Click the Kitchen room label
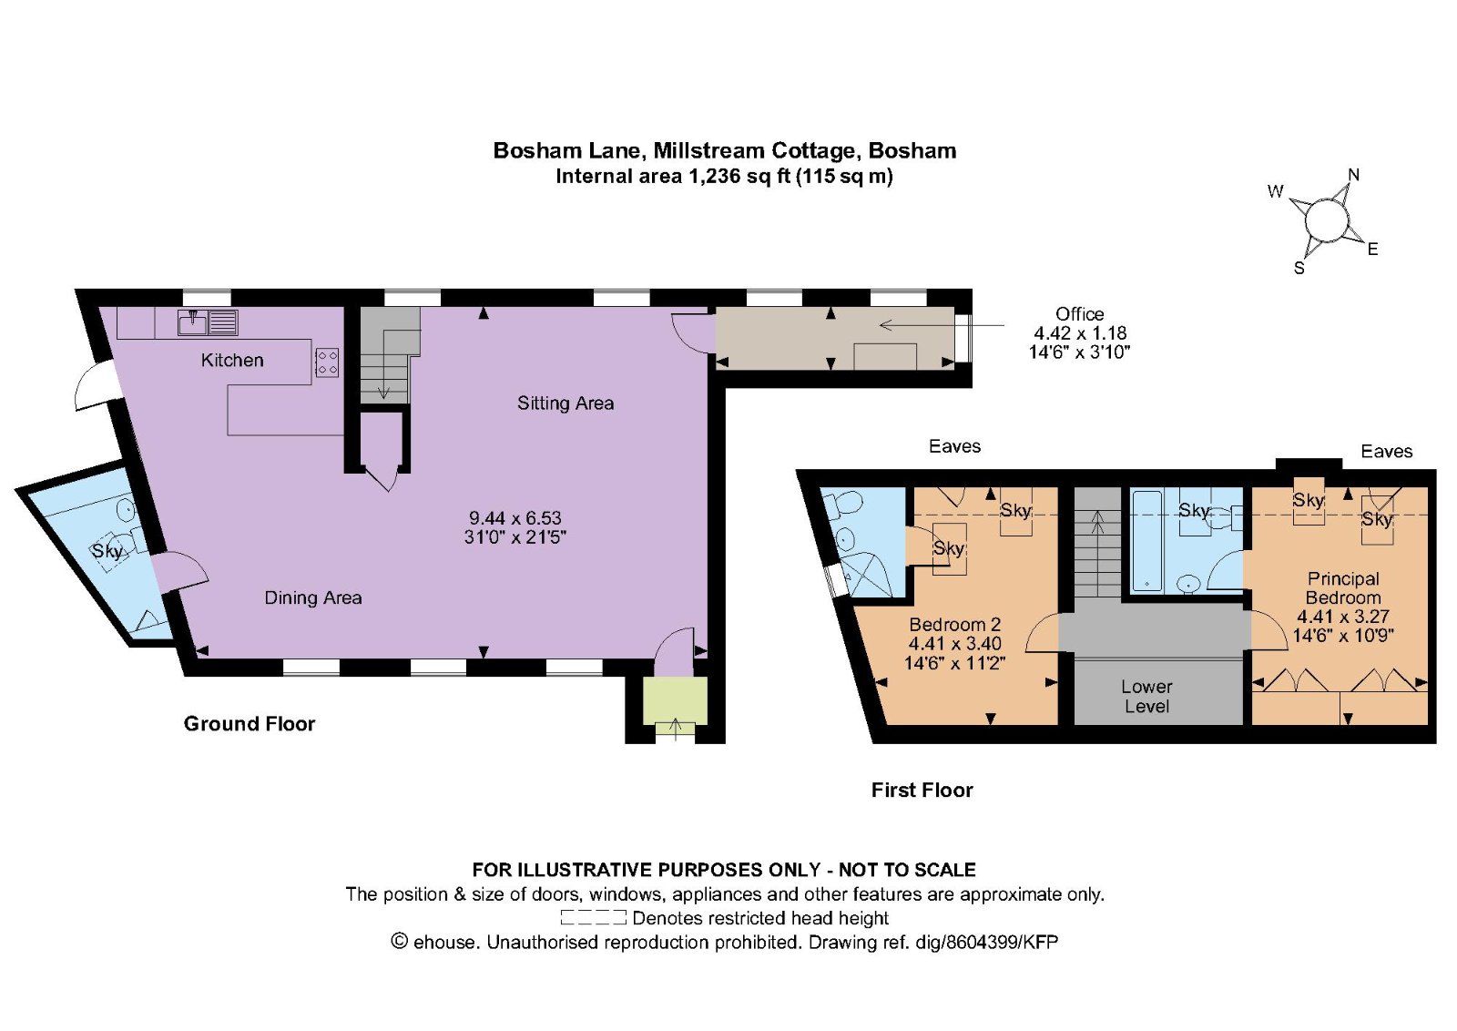click(x=232, y=361)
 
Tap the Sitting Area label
click(x=565, y=403)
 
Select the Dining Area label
click(x=313, y=597)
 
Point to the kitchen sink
click(x=209, y=322)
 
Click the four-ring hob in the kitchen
click(x=327, y=363)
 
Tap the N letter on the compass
click(x=1353, y=175)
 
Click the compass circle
click(x=1326, y=220)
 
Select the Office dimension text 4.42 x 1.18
click(x=1080, y=333)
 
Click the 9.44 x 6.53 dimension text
click(x=515, y=518)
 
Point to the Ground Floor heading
click(x=250, y=724)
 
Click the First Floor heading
click(x=922, y=791)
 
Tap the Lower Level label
click(x=1146, y=696)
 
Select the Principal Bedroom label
click(x=1343, y=588)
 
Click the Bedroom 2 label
click(x=955, y=625)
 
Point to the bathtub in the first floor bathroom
click(x=1146, y=541)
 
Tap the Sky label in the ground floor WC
click(x=107, y=552)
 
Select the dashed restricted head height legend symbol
click(x=593, y=918)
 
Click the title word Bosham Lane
click(x=569, y=151)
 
